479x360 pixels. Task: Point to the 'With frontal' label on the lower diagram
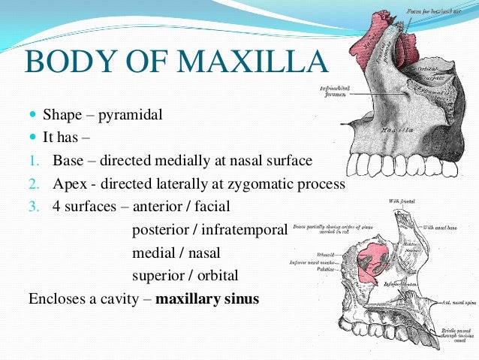(x=399, y=201)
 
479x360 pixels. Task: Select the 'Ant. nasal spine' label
(x=457, y=300)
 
